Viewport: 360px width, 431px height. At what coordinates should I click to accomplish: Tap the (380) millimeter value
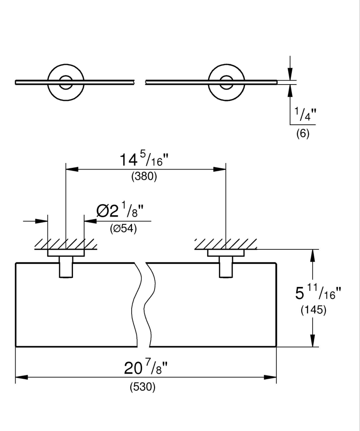point(144,177)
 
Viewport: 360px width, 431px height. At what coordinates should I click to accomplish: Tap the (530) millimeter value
point(142,387)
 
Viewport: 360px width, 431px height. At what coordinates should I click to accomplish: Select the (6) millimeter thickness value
point(303,134)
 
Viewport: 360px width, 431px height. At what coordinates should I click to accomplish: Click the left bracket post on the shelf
point(65,267)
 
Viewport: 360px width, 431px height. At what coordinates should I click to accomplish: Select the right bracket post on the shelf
point(226,267)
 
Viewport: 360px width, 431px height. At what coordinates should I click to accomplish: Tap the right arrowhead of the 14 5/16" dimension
point(221,170)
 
